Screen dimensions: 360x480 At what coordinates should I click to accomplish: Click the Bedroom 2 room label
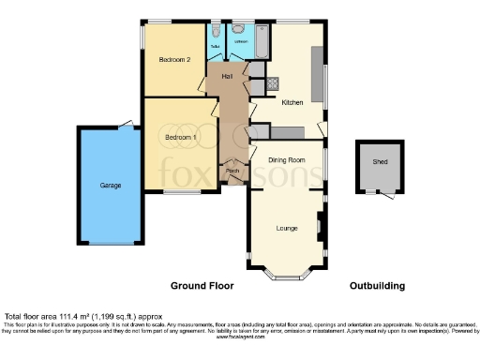tap(174, 60)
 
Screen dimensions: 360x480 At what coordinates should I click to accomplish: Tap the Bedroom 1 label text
tap(180, 137)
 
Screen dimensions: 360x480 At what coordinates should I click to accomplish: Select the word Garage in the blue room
tap(111, 186)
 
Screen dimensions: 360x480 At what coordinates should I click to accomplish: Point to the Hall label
tap(227, 75)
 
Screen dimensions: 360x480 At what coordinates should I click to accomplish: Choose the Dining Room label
tap(287, 160)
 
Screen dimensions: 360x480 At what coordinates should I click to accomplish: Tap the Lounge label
tap(287, 228)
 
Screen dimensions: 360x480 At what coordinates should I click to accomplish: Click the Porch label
tap(232, 172)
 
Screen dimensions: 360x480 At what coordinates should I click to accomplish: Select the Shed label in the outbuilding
tap(380, 161)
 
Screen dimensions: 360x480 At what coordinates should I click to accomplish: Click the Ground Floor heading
tap(202, 285)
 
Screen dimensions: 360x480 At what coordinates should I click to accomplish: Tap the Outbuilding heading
tap(377, 285)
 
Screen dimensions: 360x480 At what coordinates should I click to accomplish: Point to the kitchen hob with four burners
tap(273, 83)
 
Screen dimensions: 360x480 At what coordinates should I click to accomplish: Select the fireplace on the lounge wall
tap(321, 225)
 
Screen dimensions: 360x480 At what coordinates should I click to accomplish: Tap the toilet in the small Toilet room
tap(215, 31)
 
